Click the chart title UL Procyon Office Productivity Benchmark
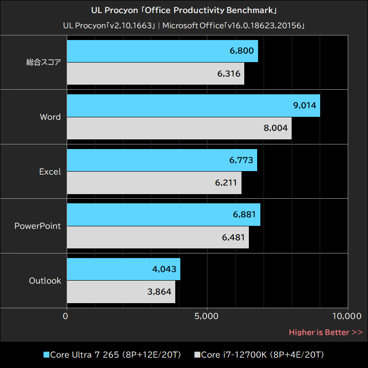coord(184,10)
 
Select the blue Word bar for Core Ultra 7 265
coord(193,106)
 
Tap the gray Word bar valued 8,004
coord(179,128)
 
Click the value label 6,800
coord(241,51)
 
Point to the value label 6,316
coord(228,74)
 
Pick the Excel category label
coord(50,172)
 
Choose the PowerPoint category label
coord(38,226)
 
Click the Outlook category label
coord(45,281)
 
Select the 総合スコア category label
coord(44,63)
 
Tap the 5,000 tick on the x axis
coord(207,316)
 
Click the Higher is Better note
coord(326,332)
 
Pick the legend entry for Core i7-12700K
coord(260,355)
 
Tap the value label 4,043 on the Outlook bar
coord(164,269)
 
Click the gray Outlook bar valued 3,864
coord(121,292)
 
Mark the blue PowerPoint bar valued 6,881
coord(163,215)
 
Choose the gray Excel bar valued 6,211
coord(154,183)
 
